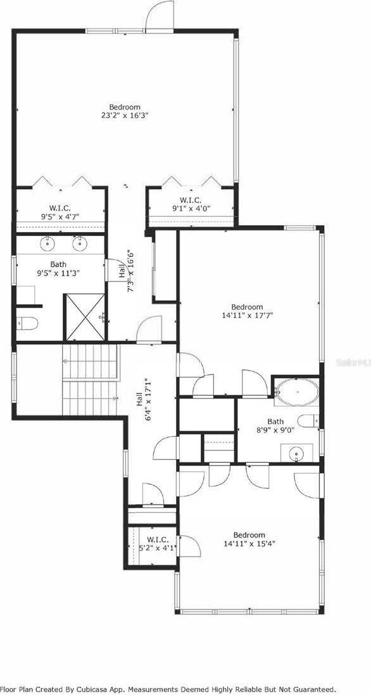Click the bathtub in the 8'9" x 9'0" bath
(296, 391)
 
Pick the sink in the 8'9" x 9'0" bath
(296, 454)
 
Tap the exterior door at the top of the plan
(160, 16)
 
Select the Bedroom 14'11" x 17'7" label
(247, 311)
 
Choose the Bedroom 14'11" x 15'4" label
(248, 539)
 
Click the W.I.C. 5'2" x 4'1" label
(158, 544)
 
